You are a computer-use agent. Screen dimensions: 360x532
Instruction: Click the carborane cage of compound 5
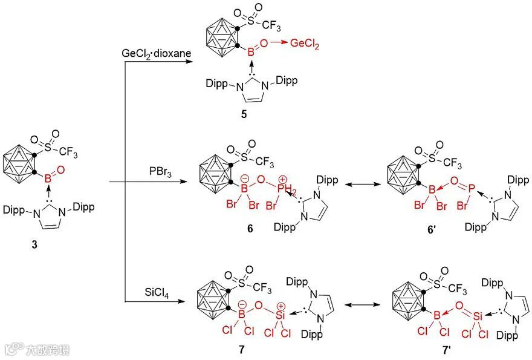pos(221,36)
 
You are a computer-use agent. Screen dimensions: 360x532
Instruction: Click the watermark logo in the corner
pos(10,350)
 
